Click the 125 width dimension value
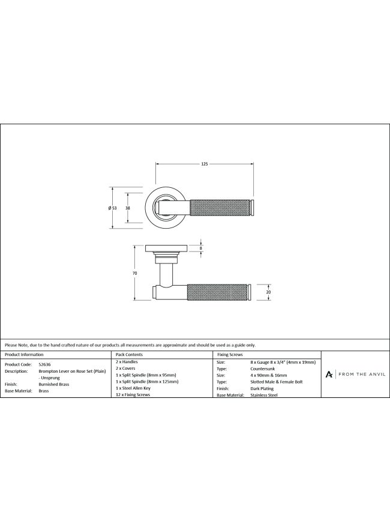(205, 164)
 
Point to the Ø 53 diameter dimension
(113, 208)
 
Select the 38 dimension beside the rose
(128, 208)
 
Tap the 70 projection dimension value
(134, 273)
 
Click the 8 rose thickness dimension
(200, 248)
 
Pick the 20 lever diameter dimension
(268, 292)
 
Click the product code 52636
(45, 364)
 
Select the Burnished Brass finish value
(54, 384)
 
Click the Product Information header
(24, 355)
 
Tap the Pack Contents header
(129, 355)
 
